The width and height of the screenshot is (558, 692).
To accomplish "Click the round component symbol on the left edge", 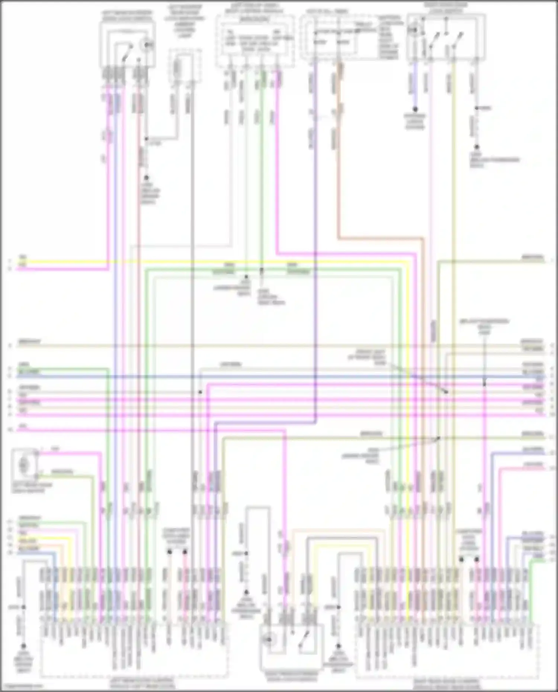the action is click(24, 464).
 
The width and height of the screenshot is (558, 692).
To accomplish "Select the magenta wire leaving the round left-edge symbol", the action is click(71, 453).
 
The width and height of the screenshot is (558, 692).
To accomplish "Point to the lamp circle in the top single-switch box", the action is click(148, 45).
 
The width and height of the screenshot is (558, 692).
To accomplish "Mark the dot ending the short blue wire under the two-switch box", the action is click(415, 109).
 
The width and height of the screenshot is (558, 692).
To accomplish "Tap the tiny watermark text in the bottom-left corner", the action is click(22, 686).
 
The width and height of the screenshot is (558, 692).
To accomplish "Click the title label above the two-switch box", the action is click(446, 8).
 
